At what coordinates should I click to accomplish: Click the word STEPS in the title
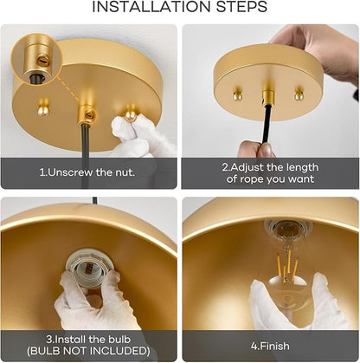coord(241,7)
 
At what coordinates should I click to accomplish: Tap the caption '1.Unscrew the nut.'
coord(87,172)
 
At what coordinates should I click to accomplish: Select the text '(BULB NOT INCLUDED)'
coord(88,351)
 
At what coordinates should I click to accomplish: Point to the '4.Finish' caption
coord(270,346)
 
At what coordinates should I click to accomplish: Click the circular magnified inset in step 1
coord(36,59)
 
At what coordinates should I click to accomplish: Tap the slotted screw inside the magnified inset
coord(42,60)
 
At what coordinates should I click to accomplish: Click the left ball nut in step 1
coord(44,107)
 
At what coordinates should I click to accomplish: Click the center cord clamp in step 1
coord(87,115)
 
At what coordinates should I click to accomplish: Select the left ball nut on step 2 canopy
coord(237,94)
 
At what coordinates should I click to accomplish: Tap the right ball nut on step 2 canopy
coord(299,94)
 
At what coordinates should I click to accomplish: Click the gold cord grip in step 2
coord(268,94)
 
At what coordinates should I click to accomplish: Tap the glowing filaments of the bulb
coord(286,266)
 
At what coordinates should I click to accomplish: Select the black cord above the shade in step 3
coord(94,201)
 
